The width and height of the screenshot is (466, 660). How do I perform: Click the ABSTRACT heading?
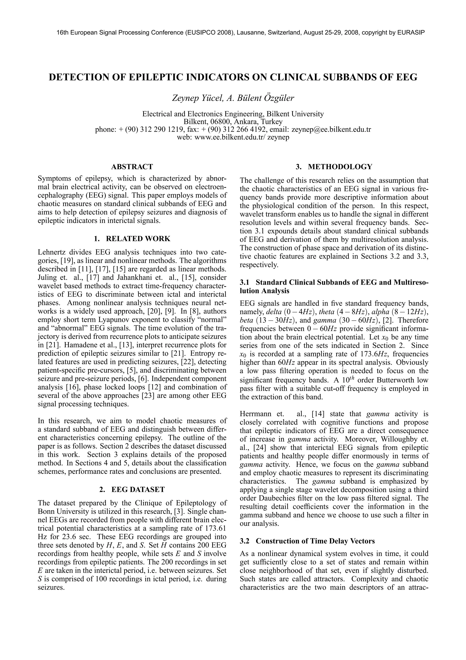click(x=132, y=167)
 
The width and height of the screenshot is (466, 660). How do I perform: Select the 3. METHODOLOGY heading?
click(x=334, y=167)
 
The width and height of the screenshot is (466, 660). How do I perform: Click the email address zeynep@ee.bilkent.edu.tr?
click(x=331, y=129)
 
